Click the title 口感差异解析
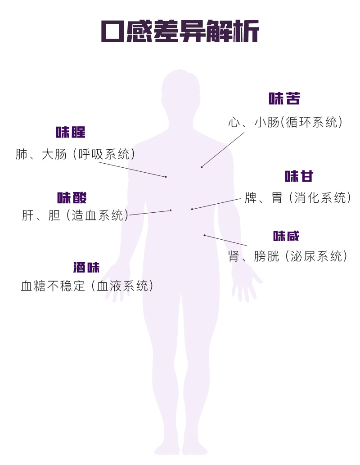[x=180, y=31]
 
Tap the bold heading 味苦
[x=284, y=99]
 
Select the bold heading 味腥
[x=71, y=132]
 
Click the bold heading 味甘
[x=299, y=176]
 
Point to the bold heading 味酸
[x=72, y=198]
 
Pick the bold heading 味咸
[x=286, y=236]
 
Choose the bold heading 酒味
[x=86, y=268]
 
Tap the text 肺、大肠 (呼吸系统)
[x=75, y=154]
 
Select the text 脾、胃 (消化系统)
[x=297, y=197]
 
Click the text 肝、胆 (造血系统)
[x=75, y=215]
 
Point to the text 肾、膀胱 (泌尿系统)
[x=288, y=256]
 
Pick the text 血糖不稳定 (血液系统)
[x=87, y=286]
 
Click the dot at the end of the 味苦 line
[x=202, y=167]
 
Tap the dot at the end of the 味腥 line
[x=166, y=177]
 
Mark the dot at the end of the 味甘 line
[x=192, y=209]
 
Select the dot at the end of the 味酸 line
[x=171, y=210]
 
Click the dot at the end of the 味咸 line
[x=204, y=235]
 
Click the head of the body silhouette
[x=180, y=92]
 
